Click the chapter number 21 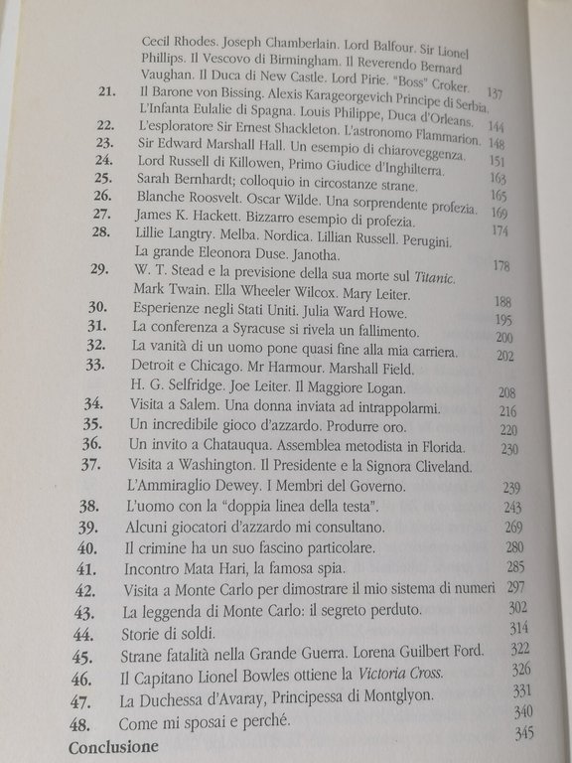coord(106,91)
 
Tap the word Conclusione coord(112,745)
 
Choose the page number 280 coord(513,546)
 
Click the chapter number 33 coord(96,364)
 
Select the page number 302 coord(517,607)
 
